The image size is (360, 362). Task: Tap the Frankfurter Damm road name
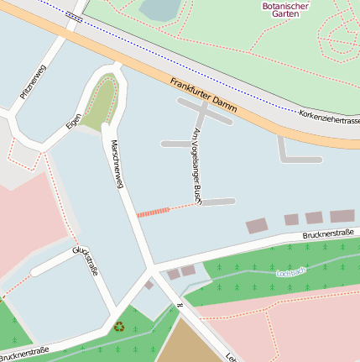202,96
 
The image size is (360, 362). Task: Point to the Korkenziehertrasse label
329,117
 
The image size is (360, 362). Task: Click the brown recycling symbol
118,326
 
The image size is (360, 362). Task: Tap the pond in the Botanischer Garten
159,9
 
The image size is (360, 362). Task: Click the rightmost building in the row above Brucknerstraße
342,216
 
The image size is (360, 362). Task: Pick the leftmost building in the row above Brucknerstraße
256,225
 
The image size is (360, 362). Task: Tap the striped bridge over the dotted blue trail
74,16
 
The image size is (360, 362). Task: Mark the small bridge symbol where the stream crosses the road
178,305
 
